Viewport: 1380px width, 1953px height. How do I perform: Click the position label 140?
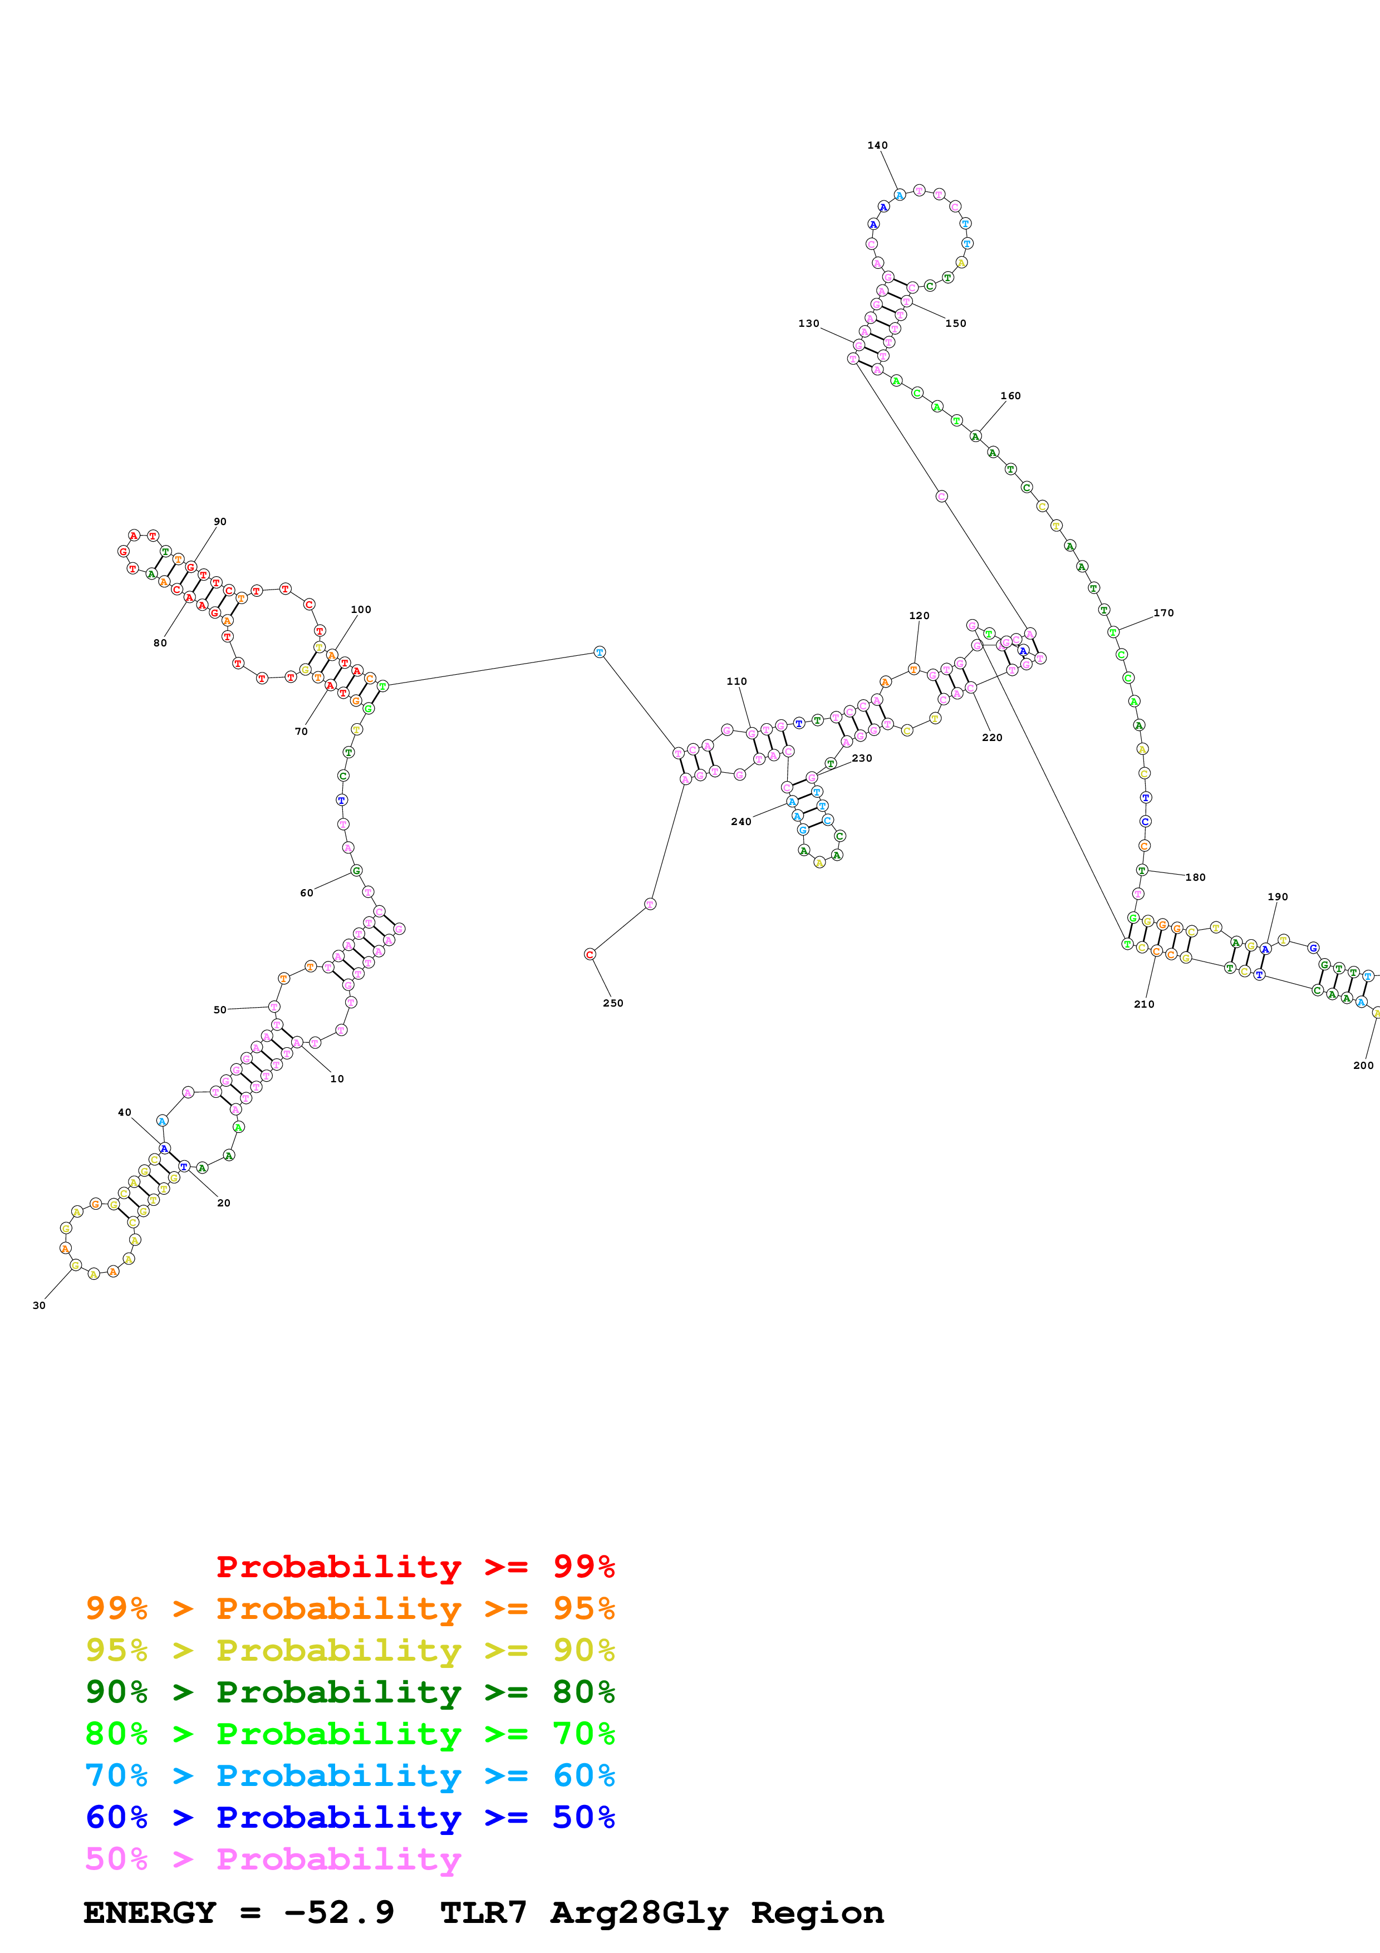click(x=877, y=145)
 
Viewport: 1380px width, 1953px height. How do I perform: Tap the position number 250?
click(x=612, y=1003)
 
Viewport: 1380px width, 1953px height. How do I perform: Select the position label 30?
click(x=39, y=1305)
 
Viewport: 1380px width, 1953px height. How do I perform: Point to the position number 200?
click(x=1362, y=1065)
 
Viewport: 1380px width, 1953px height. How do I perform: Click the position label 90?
click(x=220, y=522)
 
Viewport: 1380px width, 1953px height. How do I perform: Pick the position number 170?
click(x=1163, y=612)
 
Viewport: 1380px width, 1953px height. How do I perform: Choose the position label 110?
click(x=736, y=681)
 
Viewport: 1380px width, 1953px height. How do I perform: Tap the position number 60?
click(x=306, y=892)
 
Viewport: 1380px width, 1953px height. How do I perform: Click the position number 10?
click(x=337, y=1078)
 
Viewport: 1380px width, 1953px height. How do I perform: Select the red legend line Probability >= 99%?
click(x=415, y=1567)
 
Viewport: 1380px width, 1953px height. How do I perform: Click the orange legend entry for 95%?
click(x=350, y=1608)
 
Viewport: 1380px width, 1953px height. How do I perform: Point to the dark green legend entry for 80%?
click(x=350, y=1692)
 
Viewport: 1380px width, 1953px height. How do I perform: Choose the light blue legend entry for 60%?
click(x=350, y=1775)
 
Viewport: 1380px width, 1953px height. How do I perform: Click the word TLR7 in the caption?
click(x=483, y=1913)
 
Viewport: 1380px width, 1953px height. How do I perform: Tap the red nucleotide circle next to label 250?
click(x=590, y=954)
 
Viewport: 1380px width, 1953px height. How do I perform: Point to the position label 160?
click(x=1010, y=395)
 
